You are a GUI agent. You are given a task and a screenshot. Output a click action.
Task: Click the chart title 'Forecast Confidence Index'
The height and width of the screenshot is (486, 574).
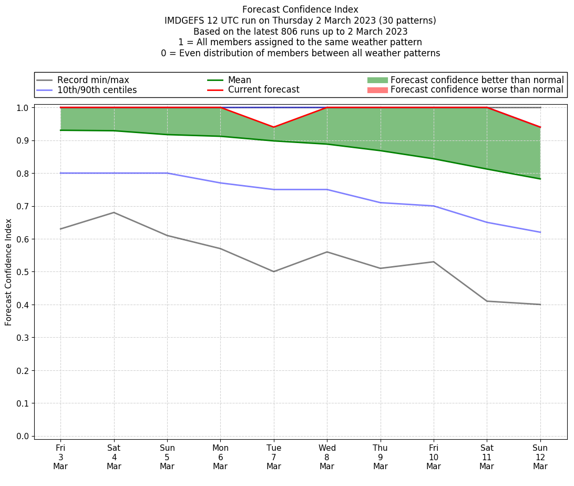tap(300, 9)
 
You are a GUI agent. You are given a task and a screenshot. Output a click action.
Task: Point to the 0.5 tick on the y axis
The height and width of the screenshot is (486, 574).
tap(24, 272)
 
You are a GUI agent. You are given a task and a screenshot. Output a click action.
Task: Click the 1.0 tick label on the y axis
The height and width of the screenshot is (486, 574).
tap(24, 108)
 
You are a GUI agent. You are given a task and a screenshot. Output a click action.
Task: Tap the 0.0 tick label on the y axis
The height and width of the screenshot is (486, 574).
tap(24, 436)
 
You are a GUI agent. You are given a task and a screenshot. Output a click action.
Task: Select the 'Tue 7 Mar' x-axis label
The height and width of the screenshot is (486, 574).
tap(274, 457)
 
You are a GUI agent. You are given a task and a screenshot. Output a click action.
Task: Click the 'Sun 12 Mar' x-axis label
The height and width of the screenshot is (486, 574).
tap(540, 457)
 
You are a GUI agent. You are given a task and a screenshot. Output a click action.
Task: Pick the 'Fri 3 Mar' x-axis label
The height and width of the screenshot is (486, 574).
tap(60, 457)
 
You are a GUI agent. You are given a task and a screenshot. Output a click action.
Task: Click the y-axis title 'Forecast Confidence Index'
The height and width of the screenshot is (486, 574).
tap(9, 272)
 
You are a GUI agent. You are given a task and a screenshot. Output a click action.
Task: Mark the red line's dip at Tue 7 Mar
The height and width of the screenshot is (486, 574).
tap(274, 127)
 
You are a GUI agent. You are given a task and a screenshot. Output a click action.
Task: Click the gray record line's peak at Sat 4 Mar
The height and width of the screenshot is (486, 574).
tap(114, 212)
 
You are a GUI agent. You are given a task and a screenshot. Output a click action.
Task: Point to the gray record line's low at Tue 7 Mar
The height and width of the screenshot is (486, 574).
tap(274, 271)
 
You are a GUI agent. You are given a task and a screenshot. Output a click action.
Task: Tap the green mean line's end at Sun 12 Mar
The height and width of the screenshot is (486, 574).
tap(540, 179)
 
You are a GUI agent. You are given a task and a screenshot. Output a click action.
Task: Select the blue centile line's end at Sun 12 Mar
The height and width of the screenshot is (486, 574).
tap(540, 232)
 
